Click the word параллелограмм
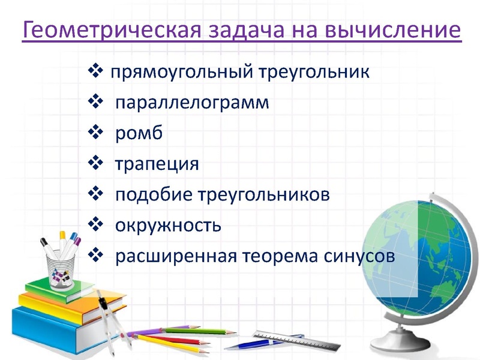coord(192,103)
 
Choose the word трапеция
coord(157,164)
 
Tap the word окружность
coord(169,226)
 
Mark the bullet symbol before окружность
coord(95,225)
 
